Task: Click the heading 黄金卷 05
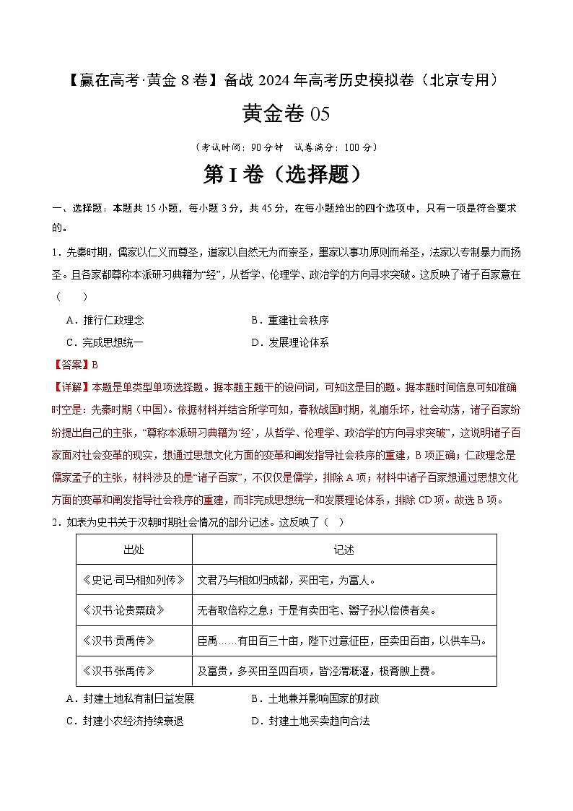(x=286, y=114)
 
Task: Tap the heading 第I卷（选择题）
(x=286, y=174)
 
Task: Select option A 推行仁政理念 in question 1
(x=104, y=321)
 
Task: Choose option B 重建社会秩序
(x=289, y=321)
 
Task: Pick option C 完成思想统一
(x=104, y=343)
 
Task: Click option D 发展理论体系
(x=289, y=343)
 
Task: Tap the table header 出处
(x=134, y=550)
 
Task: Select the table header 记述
(x=344, y=550)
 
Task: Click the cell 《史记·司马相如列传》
(x=134, y=580)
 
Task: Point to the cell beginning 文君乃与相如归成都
(x=287, y=580)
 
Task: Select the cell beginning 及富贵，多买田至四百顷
(x=318, y=671)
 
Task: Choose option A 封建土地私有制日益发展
(x=130, y=699)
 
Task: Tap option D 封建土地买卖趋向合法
(x=310, y=721)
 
